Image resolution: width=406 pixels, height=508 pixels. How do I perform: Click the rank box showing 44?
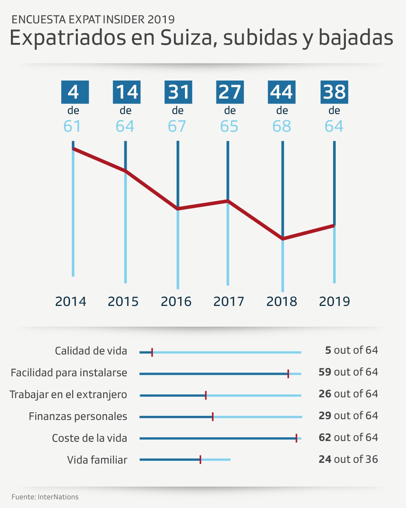282,92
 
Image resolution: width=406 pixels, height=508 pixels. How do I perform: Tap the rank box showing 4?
75,92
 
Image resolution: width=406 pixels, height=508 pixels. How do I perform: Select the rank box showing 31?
178,92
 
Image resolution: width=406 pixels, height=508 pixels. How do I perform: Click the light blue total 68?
282,126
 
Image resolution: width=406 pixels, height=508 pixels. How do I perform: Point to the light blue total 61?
72,126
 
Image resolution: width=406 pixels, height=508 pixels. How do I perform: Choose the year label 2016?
176,301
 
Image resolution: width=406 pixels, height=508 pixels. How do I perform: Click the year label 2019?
334,301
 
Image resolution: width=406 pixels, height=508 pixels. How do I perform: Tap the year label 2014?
71,301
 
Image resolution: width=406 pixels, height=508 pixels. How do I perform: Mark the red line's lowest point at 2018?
283,239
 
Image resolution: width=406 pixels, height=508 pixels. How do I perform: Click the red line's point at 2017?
228,201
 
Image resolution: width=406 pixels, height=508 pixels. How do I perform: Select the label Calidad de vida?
91,351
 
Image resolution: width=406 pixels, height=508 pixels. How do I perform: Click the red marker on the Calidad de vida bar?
152,352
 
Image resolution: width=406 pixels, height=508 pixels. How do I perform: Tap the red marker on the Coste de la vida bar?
296,438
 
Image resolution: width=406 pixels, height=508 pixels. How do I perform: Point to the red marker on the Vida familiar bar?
200,459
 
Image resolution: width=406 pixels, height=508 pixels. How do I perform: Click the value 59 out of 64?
348,372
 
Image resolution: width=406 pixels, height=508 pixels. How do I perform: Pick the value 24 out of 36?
348,459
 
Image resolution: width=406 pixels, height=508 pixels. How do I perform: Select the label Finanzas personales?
78,416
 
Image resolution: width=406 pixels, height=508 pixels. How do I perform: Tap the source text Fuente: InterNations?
45,497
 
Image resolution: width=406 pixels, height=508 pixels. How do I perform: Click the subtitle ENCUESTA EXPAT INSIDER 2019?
93,19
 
